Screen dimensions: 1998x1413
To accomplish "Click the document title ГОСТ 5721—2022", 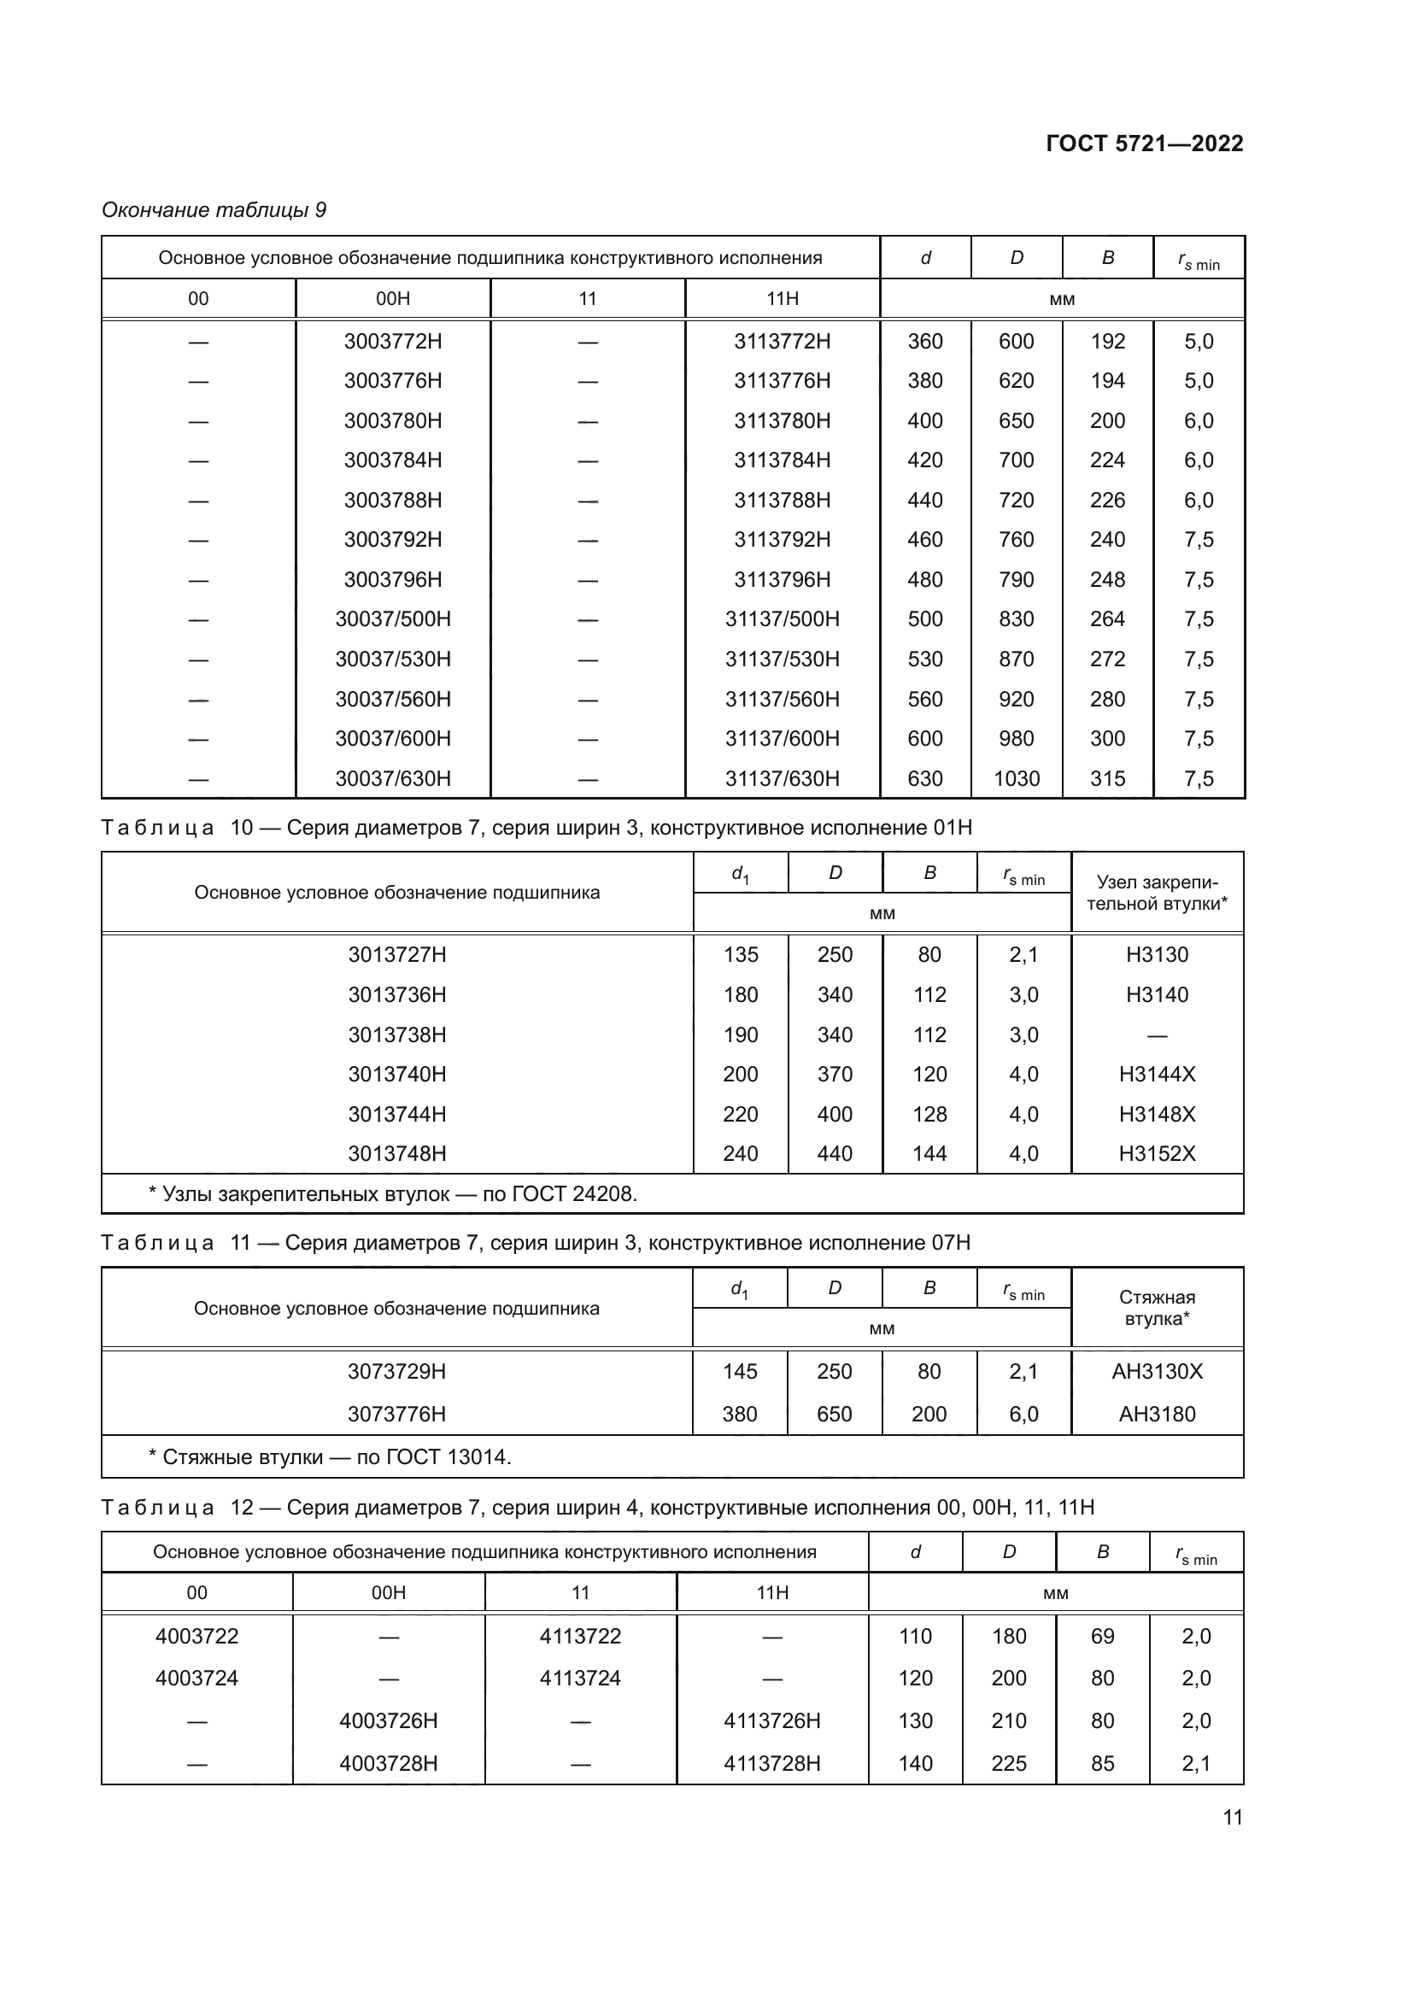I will [x=1143, y=144].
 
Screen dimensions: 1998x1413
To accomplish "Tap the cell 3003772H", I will [x=392, y=341].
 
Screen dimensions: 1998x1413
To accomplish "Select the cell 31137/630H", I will [x=783, y=778].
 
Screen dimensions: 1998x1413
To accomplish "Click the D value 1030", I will [x=1017, y=778].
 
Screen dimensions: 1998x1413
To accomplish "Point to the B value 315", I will [x=1108, y=778].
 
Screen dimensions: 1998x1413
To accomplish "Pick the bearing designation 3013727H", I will [x=396, y=955].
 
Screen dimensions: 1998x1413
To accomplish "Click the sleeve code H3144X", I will [x=1157, y=1074].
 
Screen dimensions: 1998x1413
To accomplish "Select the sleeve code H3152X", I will [x=1157, y=1153].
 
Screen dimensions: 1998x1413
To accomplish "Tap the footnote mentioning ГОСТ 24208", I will [x=393, y=1194].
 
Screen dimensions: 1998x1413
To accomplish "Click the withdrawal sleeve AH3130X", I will [x=1157, y=1372].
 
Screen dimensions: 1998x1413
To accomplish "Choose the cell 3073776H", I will [x=396, y=1414].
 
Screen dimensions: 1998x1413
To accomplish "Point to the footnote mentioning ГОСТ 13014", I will [x=331, y=1456].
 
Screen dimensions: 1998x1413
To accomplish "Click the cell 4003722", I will [x=196, y=1636].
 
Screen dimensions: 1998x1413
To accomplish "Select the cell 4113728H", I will [x=771, y=1763].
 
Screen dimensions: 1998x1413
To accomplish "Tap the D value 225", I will [x=1008, y=1763].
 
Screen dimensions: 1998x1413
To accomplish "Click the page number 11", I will [x=1232, y=1817].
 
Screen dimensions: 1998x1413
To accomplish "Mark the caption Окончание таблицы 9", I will [x=214, y=210].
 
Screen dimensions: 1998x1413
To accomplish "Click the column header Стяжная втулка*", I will [x=1157, y=1308].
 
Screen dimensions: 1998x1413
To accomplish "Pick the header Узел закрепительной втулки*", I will [x=1157, y=893].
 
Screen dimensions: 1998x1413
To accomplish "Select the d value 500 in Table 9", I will [x=925, y=618].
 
